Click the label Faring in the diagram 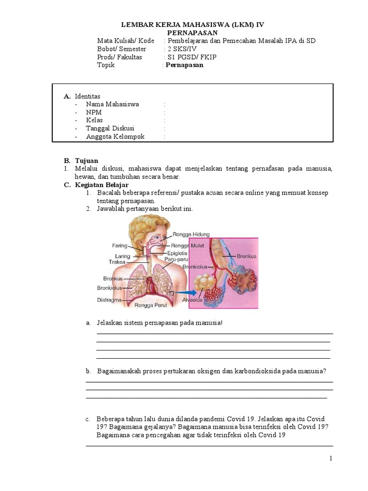(x=119, y=245)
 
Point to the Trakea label (x=116, y=262)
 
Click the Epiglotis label (x=177, y=253)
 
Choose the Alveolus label (x=192, y=301)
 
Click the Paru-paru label (x=175, y=259)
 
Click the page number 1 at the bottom (x=331, y=459)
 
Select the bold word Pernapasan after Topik (x=184, y=65)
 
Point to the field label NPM (x=94, y=112)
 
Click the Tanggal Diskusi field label (x=110, y=129)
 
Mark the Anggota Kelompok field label (x=115, y=137)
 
